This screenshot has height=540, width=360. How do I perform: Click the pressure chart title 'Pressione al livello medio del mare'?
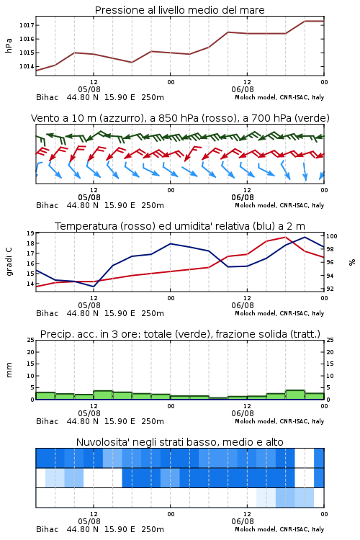pyautogui.click(x=179, y=10)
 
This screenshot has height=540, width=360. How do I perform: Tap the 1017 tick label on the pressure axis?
pyautogui.click(x=27, y=25)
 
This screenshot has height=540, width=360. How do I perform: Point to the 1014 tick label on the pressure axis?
pyautogui.click(x=27, y=66)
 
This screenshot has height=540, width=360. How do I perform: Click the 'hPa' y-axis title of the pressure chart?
pyautogui.click(x=9, y=45)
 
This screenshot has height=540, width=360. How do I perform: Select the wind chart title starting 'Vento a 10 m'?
pyautogui.click(x=180, y=118)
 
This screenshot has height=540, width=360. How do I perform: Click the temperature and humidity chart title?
pyautogui.click(x=180, y=226)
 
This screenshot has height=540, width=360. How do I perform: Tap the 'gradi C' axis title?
pyautogui.click(x=9, y=261)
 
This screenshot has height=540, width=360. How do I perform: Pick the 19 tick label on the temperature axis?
pyautogui.click(x=30, y=233)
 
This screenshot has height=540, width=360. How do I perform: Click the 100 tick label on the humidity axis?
pyautogui.click(x=332, y=236)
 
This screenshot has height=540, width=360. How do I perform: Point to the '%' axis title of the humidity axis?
pyautogui.click(x=352, y=262)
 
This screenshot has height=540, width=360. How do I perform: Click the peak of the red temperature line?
pyautogui.click(x=285, y=237)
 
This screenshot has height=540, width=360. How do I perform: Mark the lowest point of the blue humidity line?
pyautogui.click(x=94, y=287)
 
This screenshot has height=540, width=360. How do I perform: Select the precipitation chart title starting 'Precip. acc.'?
pyautogui.click(x=180, y=334)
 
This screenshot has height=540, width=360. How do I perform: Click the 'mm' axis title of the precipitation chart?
pyautogui.click(x=9, y=370)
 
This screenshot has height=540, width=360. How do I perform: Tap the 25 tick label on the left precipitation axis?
pyautogui.click(x=30, y=340)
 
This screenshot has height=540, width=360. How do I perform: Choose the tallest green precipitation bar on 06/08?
pyautogui.click(x=295, y=395)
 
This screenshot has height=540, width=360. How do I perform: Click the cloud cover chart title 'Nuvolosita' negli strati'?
pyautogui.click(x=179, y=442)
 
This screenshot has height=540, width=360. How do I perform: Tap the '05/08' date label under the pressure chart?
pyautogui.click(x=89, y=89)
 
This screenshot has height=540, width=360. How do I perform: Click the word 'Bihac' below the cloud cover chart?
pyautogui.click(x=48, y=529)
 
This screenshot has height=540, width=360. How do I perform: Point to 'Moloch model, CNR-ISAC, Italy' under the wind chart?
pyautogui.click(x=279, y=205)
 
